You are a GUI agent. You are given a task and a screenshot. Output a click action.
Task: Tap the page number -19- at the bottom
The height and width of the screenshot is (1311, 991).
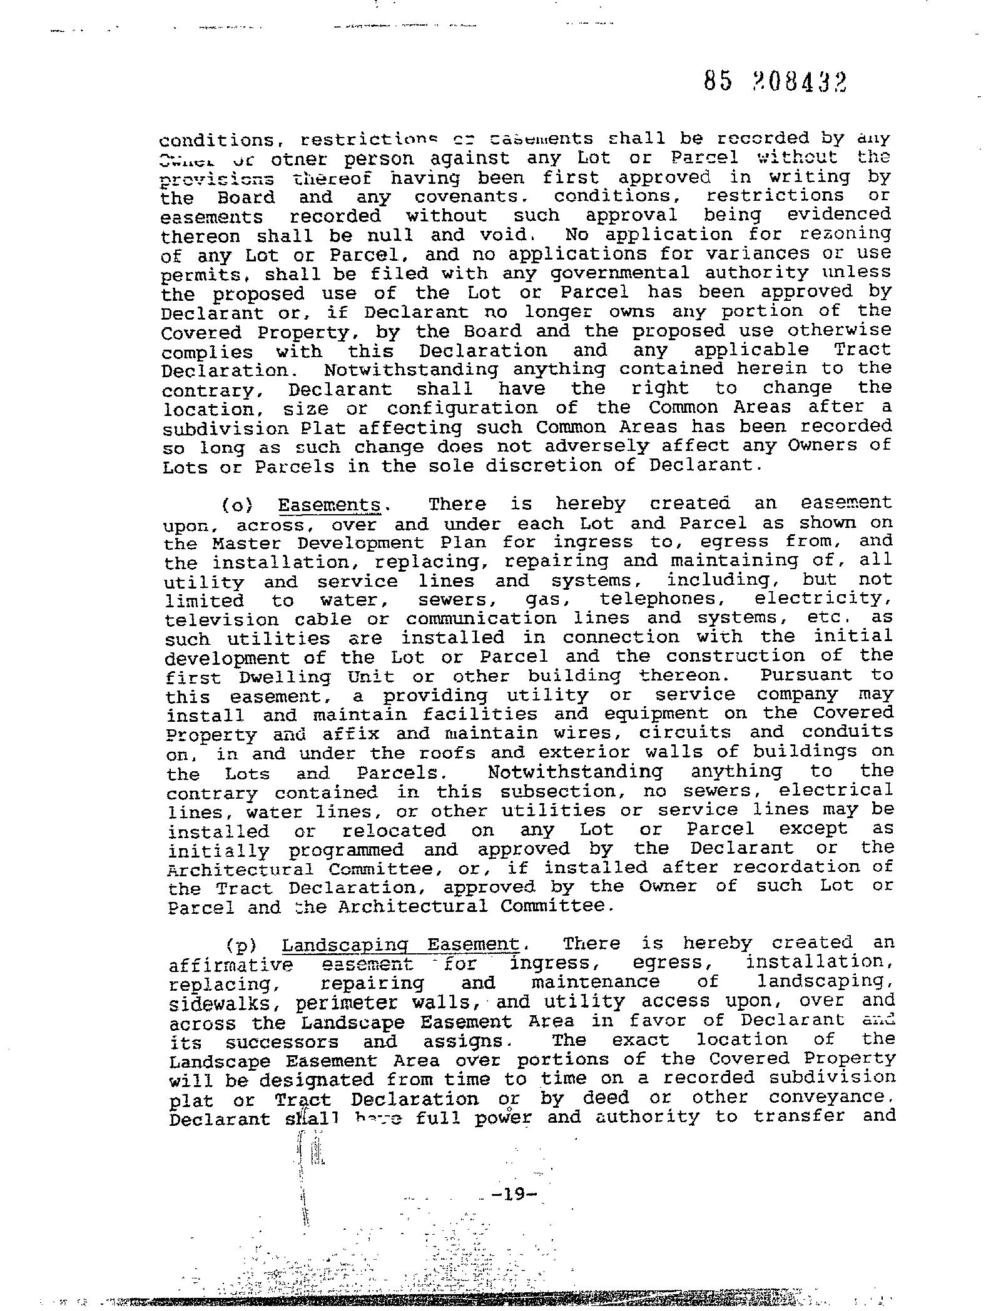[x=515, y=1195]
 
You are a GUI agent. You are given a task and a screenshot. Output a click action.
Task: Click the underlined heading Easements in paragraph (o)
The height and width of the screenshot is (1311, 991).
[x=329, y=505]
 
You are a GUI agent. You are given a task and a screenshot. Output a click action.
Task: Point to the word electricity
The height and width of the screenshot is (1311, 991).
[x=823, y=599]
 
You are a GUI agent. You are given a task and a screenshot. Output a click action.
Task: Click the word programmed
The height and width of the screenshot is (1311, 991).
[x=346, y=850]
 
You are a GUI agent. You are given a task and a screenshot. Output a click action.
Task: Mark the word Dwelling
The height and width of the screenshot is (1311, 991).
[x=285, y=677]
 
